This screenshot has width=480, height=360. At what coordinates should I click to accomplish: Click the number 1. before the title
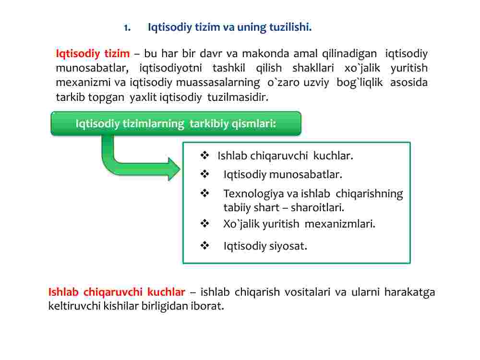(127, 27)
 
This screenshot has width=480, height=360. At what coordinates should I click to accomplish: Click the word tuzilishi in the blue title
(290, 27)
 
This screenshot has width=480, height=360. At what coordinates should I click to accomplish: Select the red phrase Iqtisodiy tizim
(93, 54)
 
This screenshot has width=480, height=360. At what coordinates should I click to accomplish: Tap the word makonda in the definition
(265, 54)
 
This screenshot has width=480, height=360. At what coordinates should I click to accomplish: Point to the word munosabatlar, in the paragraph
(92, 68)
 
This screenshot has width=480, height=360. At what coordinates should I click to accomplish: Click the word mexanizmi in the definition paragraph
(83, 83)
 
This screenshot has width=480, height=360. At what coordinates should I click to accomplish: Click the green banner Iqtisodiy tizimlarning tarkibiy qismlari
(176, 123)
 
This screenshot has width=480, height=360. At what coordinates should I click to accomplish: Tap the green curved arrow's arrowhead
(174, 169)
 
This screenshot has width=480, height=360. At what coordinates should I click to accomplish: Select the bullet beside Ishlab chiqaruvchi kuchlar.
(204, 156)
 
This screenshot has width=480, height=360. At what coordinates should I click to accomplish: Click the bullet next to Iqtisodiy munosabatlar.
(204, 174)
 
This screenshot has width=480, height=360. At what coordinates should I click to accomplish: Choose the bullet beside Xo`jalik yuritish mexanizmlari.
(204, 224)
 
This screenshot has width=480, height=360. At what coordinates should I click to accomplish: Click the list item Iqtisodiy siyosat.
(265, 246)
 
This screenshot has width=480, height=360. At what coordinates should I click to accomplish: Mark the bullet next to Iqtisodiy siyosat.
(204, 245)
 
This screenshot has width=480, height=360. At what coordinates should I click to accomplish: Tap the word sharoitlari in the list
(317, 207)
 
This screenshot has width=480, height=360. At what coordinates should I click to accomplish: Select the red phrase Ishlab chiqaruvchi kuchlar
(117, 292)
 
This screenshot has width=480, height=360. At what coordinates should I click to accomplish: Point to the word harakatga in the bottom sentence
(409, 292)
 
